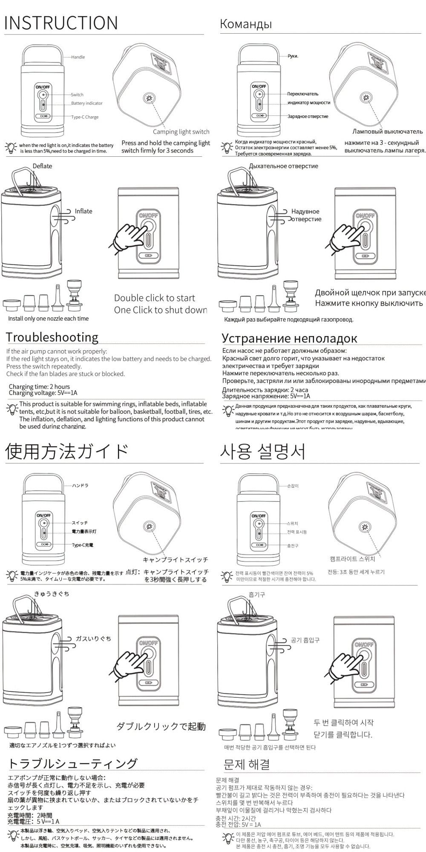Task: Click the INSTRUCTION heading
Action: click(x=61, y=23)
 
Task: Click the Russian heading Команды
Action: click(x=246, y=24)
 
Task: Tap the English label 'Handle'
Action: click(x=78, y=57)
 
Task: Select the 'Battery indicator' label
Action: click(x=87, y=104)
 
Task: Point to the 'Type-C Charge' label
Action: click(x=85, y=117)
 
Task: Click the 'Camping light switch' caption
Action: click(x=181, y=132)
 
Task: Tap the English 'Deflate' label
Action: click(x=42, y=166)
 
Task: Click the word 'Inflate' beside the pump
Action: click(x=83, y=211)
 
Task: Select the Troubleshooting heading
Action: click(x=52, y=337)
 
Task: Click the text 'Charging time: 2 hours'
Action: click(x=39, y=387)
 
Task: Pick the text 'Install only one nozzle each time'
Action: click(x=49, y=319)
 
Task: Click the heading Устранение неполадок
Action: click(x=289, y=338)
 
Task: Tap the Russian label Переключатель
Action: click(x=302, y=94)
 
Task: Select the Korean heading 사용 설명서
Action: click(x=263, y=452)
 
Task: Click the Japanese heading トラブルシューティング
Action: click(x=73, y=763)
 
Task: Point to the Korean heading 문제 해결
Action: click(x=247, y=764)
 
